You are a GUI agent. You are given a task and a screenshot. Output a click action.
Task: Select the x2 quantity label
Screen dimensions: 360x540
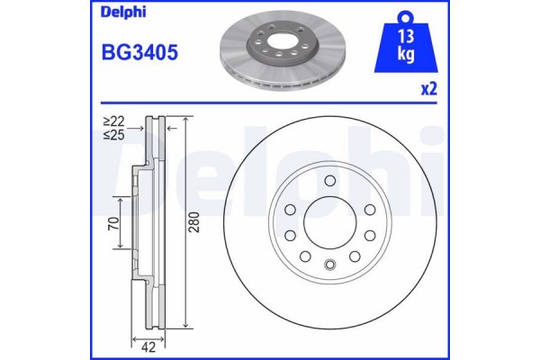[x=429, y=91]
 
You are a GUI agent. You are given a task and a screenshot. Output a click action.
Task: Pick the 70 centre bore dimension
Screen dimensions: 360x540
[x=113, y=223]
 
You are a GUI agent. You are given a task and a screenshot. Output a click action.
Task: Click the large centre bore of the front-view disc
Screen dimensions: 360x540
[x=330, y=223]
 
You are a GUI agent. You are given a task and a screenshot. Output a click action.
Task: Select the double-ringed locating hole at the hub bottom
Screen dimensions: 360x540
[x=330, y=264]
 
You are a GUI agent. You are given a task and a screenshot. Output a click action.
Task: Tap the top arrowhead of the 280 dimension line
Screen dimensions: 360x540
[x=184, y=120]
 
